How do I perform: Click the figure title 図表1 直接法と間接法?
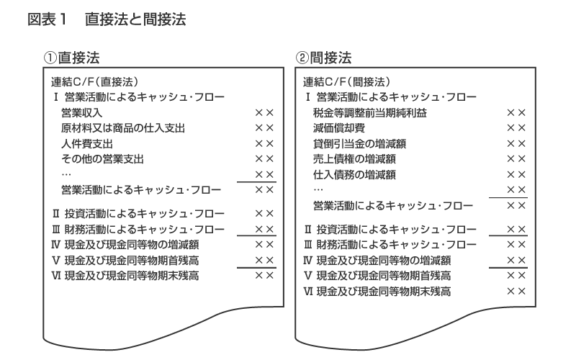tap(107, 20)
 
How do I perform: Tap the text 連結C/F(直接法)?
tap(94, 81)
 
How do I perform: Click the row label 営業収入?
tap(82, 112)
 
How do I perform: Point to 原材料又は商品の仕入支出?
tap(123, 128)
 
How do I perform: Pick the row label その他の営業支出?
tap(103, 158)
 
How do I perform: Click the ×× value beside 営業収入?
tap(264, 112)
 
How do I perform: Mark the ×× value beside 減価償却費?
tap(516, 128)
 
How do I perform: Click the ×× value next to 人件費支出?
tap(264, 143)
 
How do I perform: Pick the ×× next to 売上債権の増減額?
tap(516, 158)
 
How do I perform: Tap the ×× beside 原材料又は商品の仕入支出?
tap(264, 128)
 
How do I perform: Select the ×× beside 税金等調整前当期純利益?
tap(516, 112)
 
